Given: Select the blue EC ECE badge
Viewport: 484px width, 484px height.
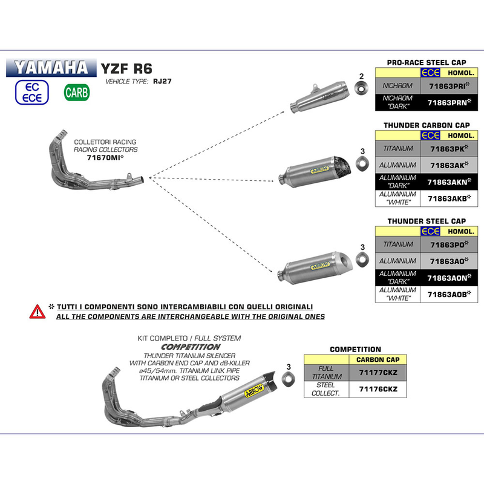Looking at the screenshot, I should pos(33,91).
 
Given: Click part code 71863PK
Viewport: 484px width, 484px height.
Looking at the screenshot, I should pos(446,149).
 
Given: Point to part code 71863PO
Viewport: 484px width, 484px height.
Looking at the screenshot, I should pos(446,245).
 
